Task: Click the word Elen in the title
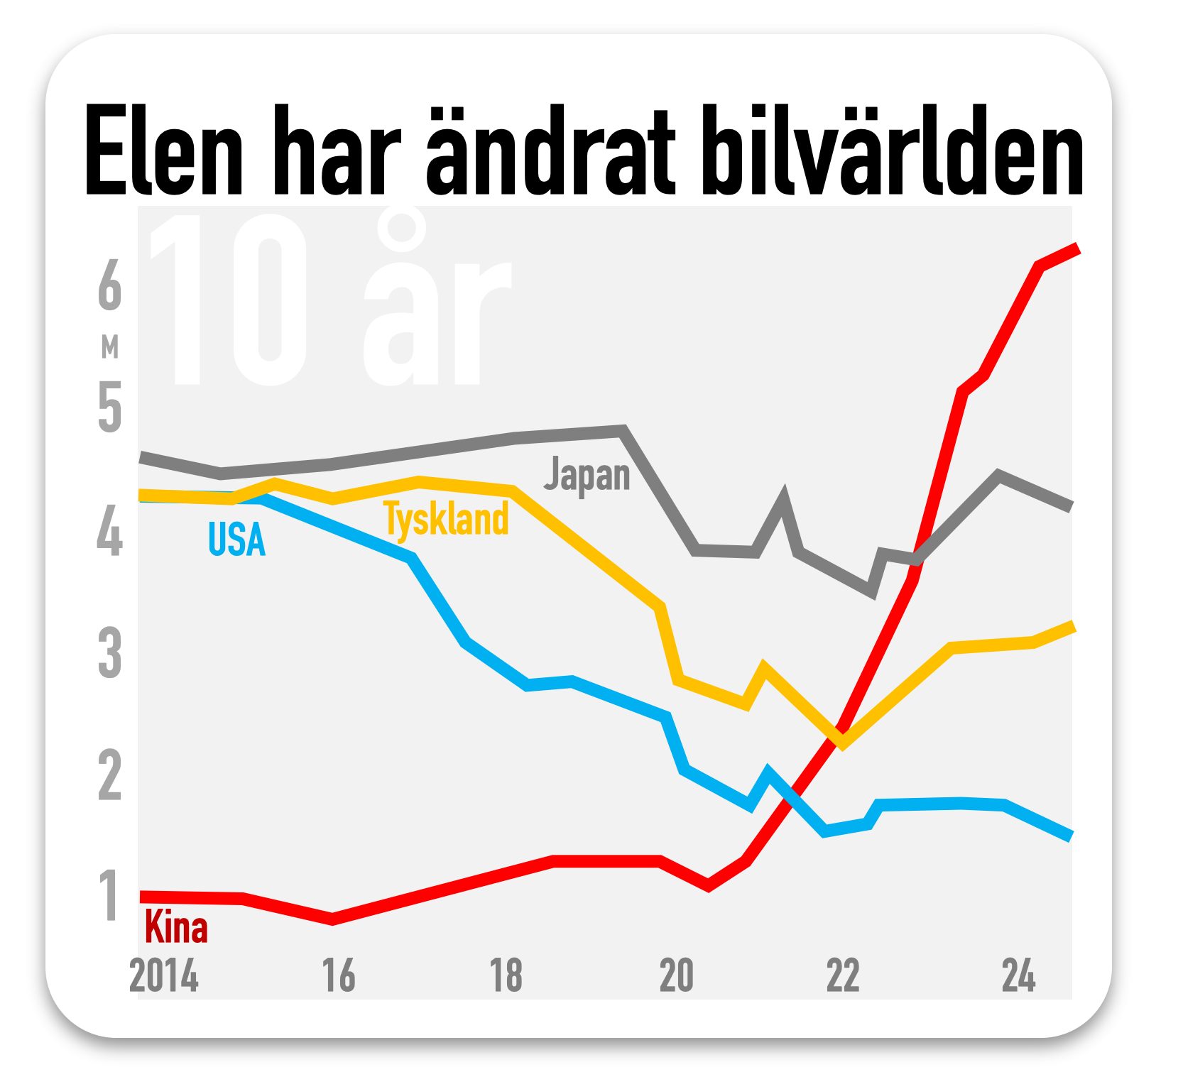[x=164, y=151]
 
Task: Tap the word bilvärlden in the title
[x=892, y=151]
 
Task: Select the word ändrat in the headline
[x=550, y=151]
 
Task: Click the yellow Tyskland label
[x=447, y=520]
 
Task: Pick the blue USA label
[x=236, y=540]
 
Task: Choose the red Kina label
[x=176, y=927]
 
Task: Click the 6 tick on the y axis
[x=109, y=285]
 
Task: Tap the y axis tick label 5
[x=109, y=407]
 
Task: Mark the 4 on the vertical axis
[x=109, y=530]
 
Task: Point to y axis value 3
[x=109, y=653]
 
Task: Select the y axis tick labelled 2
[x=109, y=775]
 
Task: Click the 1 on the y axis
[x=109, y=896]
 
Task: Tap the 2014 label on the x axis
[x=164, y=975]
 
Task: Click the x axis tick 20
[x=676, y=975]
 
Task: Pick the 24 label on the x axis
[x=1018, y=975]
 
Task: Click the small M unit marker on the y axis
[x=109, y=347]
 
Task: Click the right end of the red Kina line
[x=1076, y=249]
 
